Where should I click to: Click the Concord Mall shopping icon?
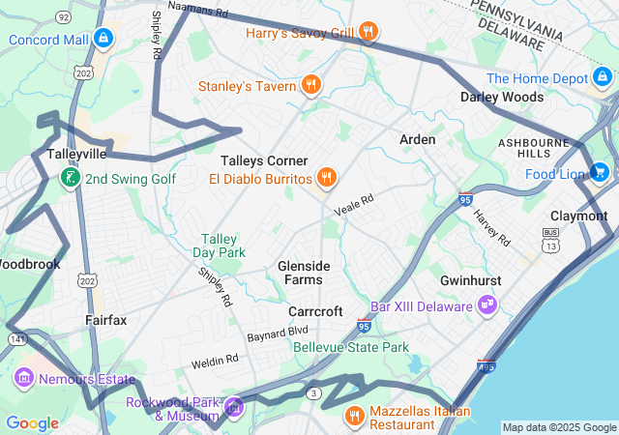(x=103, y=40)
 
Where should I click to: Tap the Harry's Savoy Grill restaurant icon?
(x=368, y=33)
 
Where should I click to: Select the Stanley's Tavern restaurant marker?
(x=310, y=86)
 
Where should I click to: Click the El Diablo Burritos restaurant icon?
(x=327, y=178)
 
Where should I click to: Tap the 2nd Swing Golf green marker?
(x=70, y=178)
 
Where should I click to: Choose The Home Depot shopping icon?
(x=604, y=78)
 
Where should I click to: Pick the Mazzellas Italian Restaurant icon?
(x=354, y=416)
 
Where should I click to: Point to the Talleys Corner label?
(x=264, y=160)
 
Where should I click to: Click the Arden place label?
(x=418, y=139)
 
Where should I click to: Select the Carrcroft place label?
(x=315, y=311)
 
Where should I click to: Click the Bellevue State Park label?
(x=351, y=347)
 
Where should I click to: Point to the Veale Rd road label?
(x=353, y=204)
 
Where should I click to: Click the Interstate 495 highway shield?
(x=485, y=368)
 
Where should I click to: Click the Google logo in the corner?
(x=32, y=422)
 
